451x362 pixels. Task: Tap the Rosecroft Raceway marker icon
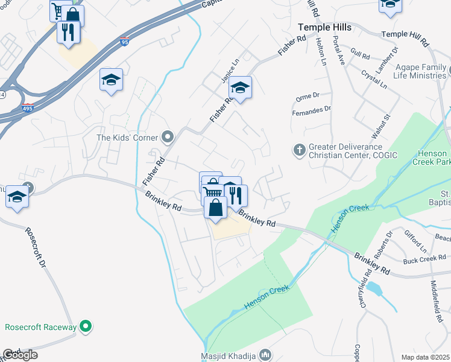tap(86, 327)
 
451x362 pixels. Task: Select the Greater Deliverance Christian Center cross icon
tap(300, 150)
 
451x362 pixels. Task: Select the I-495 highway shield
tap(27, 109)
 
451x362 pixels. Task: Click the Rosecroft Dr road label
tap(36, 247)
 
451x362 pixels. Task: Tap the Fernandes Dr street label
tap(312, 109)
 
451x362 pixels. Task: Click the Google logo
tap(20, 355)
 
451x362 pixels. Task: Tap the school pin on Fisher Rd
tap(241, 87)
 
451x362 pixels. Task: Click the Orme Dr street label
tap(307, 96)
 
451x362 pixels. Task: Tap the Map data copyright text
tap(426, 357)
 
